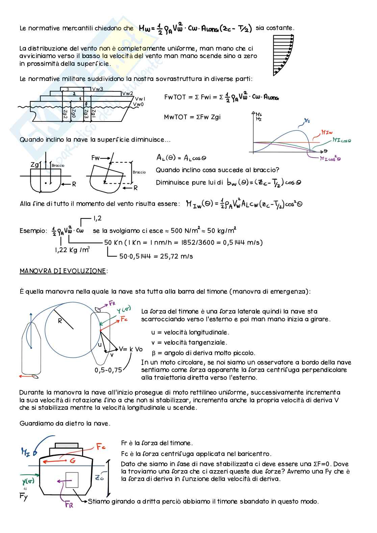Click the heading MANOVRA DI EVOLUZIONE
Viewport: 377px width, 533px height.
pos(63,271)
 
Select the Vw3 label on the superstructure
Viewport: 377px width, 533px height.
pos(97,89)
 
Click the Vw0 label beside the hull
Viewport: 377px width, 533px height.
pos(138,104)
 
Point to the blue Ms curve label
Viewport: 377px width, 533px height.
pos(307,120)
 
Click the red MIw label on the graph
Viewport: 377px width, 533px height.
pos(327,132)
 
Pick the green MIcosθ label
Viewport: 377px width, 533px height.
pos(341,140)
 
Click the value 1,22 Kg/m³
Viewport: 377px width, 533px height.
pos(72,250)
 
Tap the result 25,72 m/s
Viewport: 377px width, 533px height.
pos(156,256)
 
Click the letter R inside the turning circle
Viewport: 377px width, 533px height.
pos(60,321)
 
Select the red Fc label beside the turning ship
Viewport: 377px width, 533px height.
pos(124,319)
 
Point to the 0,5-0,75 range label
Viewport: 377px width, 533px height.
pos(108,370)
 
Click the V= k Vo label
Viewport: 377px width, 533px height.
pos(131,349)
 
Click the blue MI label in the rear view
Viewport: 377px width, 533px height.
pos(26,452)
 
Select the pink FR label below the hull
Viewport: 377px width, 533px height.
pos(69,505)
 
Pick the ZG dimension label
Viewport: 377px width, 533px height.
pos(99,478)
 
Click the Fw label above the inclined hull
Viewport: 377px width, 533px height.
pos(96,158)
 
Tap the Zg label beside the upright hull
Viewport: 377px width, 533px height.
pos(35,165)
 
